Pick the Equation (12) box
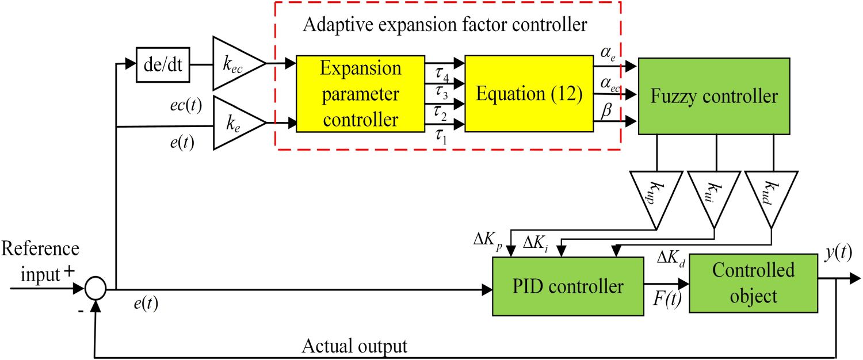pos(529,94)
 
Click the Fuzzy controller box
pos(714,96)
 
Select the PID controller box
pos(567,286)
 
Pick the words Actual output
pos(354,346)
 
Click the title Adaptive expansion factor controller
pos(445,25)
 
